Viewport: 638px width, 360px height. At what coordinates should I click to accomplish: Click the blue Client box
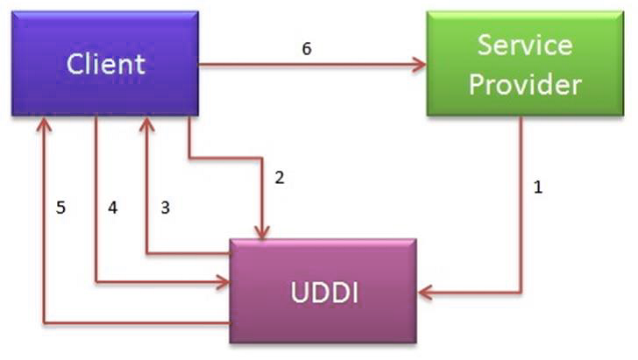105,63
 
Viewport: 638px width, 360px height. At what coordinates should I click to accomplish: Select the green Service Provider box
525,63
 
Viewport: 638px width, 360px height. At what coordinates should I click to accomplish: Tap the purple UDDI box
323,290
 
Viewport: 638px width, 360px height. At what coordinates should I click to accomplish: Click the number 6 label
306,49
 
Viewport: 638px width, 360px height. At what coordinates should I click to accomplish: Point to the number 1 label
538,187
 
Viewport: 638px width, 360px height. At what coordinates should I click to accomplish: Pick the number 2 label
280,178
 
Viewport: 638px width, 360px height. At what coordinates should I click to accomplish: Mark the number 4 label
112,208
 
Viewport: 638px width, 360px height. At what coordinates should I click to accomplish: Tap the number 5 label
60,208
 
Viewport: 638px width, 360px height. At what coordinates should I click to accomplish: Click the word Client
105,63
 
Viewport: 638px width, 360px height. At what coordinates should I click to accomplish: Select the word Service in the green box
525,45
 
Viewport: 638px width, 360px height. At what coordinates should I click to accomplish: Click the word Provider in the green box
525,84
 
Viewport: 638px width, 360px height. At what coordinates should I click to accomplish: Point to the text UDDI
323,291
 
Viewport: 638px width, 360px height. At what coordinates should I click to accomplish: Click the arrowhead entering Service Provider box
420,64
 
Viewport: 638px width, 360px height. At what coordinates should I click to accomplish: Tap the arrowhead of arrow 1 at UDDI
423,292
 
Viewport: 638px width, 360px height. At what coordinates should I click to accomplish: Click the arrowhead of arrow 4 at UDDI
223,281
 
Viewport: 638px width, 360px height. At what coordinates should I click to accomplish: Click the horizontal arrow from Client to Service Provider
307,64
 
